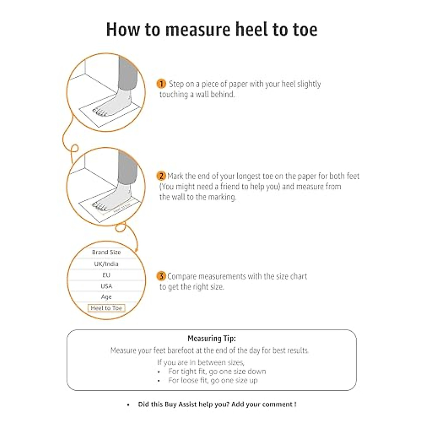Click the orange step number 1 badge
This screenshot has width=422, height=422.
pyautogui.click(x=161, y=84)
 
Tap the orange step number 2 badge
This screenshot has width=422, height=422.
pyautogui.click(x=161, y=176)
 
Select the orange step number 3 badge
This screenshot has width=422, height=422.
pyautogui.click(x=161, y=276)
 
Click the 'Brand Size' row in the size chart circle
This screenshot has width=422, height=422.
pyautogui.click(x=106, y=252)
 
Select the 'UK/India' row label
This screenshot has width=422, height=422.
pyautogui.click(x=106, y=264)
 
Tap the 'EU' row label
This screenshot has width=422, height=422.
pyautogui.click(x=106, y=275)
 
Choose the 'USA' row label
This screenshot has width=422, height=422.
pyautogui.click(x=106, y=286)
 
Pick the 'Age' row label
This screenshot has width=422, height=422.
pyautogui.click(x=106, y=297)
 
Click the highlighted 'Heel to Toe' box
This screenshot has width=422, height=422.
pyautogui.click(x=106, y=308)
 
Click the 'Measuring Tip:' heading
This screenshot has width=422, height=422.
pyautogui.click(x=211, y=339)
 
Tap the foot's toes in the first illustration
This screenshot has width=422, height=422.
pyautogui.click(x=100, y=113)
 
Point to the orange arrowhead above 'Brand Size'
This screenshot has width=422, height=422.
pyautogui.click(x=136, y=249)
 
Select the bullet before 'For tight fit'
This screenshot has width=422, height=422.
pyautogui.click(x=159, y=372)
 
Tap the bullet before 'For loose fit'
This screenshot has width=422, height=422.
pyautogui.click(x=159, y=381)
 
